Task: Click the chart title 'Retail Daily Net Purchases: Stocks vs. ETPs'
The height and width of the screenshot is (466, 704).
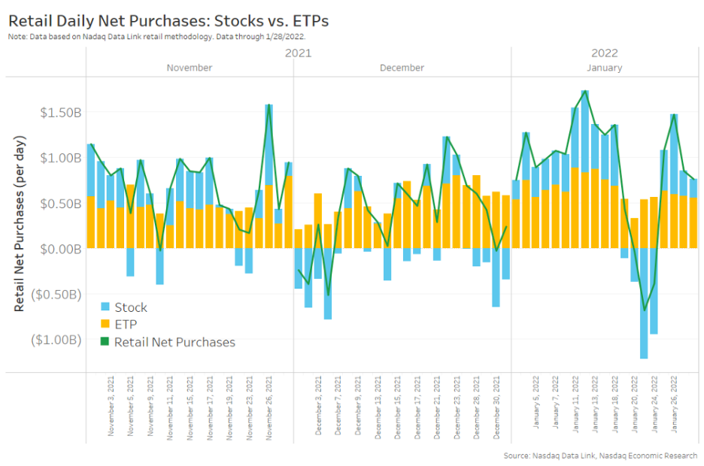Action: (x=169, y=20)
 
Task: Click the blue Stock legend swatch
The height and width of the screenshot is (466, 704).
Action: (x=105, y=307)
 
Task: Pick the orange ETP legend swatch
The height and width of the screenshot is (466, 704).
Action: (x=105, y=325)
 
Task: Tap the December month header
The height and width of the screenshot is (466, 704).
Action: (x=402, y=68)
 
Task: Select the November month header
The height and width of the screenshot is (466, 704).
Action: (x=189, y=68)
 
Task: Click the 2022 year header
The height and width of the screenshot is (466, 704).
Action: (x=604, y=53)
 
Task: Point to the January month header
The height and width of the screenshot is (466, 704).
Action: (x=604, y=68)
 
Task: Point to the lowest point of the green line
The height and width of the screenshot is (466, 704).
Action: (x=644, y=310)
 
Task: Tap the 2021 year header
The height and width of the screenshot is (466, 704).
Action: (x=298, y=53)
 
